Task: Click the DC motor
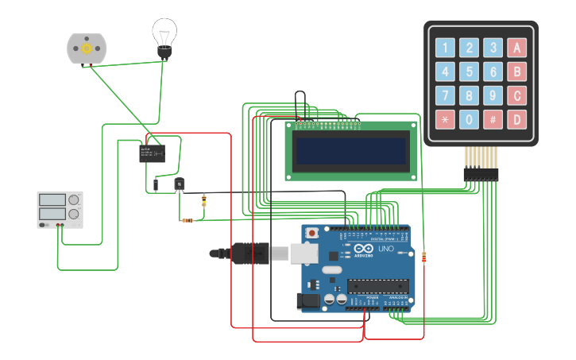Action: tap(86, 48)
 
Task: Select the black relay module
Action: tap(152, 152)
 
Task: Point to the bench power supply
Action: tap(60, 209)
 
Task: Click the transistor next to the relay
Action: tap(180, 184)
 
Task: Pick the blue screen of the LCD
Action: tap(351, 150)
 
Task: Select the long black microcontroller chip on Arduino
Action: tap(378, 286)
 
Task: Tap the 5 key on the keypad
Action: tap(470, 72)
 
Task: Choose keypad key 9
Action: tap(493, 96)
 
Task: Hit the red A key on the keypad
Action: tap(517, 48)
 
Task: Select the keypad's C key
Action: tap(517, 96)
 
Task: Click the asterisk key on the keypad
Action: tap(445, 121)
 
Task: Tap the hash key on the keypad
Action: tap(493, 121)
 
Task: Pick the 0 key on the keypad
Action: tap(470, 121)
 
